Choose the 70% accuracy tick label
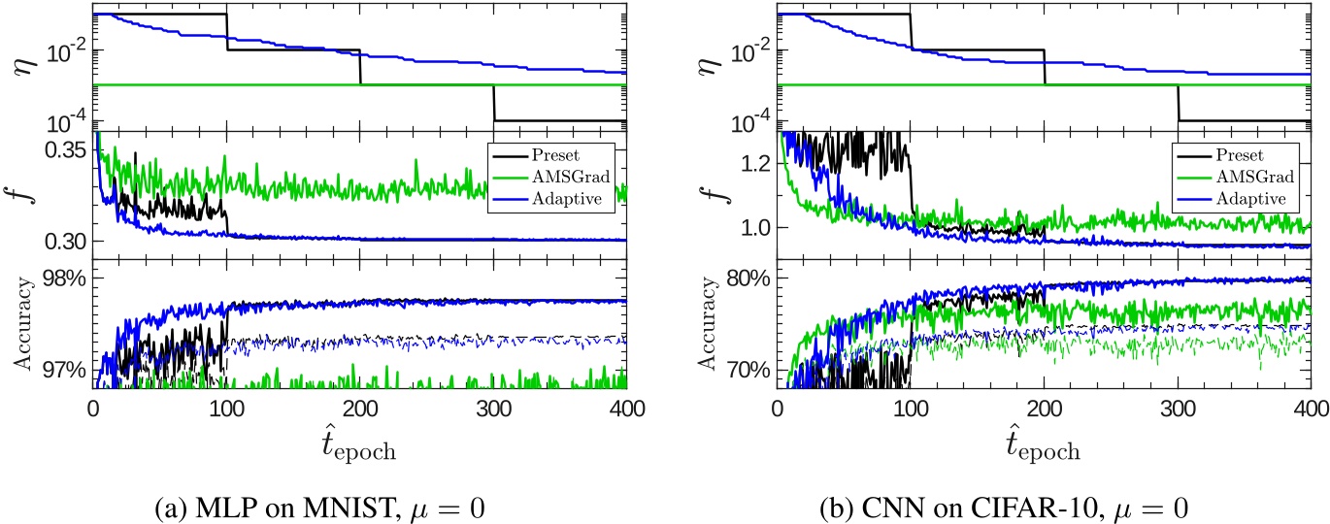tap(748, 371)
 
